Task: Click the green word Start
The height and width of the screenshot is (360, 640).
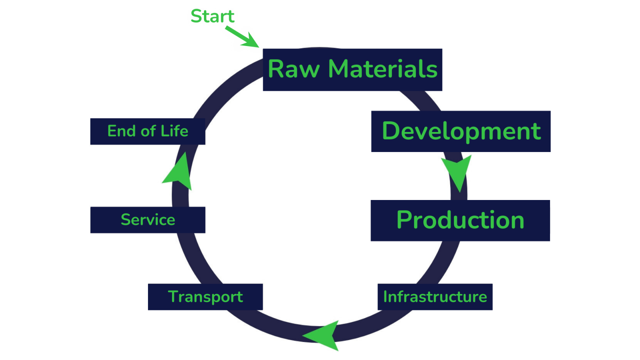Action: [x=212, y=16]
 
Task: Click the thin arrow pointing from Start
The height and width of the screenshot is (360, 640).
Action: [x=242, y=37]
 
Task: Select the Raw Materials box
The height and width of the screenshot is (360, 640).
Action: [x=352, y=70]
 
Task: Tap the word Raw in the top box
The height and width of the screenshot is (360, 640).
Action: [x=294, y=69]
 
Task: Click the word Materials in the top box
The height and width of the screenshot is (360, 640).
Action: [x=383, y=69]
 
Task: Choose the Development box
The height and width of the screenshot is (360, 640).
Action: [x=461, y=131]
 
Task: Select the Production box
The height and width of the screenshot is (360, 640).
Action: [x=460, y=220]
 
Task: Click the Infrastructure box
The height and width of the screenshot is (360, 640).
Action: [x=435, y=297]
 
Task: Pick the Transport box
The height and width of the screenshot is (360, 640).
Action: [x=205, y=297]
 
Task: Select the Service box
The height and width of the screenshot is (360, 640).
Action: [x=148, y=220]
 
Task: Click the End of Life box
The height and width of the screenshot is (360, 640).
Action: [x=148, y=131]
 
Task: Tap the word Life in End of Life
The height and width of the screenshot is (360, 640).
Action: [x=174, y=131]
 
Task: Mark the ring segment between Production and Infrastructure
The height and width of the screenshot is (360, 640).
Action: [x=440, y=262]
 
